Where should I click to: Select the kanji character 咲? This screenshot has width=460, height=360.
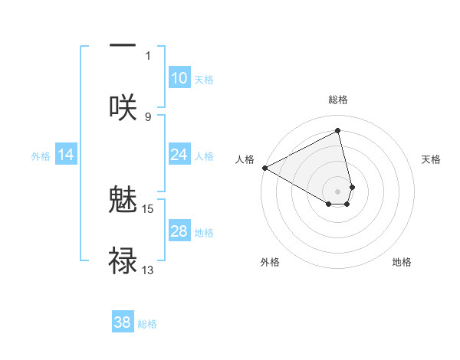[123, 106]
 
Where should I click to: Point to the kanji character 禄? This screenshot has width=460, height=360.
[123, 260]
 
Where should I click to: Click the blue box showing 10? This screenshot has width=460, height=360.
[179, 78]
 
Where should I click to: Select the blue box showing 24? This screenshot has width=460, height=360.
[179, 155]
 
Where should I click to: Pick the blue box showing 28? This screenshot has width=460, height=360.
[179, 231]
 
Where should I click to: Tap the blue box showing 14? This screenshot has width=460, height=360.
[66, 155]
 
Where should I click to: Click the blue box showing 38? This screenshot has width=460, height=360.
[123, 322]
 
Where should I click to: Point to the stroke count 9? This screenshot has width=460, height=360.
[148, 116]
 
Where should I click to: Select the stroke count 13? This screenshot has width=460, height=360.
[148, 270]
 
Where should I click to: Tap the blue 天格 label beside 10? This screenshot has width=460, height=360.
[204, 79]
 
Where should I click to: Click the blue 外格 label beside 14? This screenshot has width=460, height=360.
[41, 156]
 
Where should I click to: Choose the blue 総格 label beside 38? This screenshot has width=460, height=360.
[147, 323]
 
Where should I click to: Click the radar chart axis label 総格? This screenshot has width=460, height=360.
[338, 100]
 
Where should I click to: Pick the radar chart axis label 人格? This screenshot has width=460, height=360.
[245, 159]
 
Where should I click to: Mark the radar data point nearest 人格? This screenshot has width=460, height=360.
[264, 168]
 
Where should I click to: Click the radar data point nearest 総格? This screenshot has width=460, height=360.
[338, 131]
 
